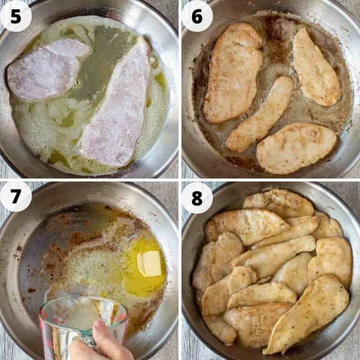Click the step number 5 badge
click(16, 16)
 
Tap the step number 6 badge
click(197, 16)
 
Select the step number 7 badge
click(16, 196)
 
